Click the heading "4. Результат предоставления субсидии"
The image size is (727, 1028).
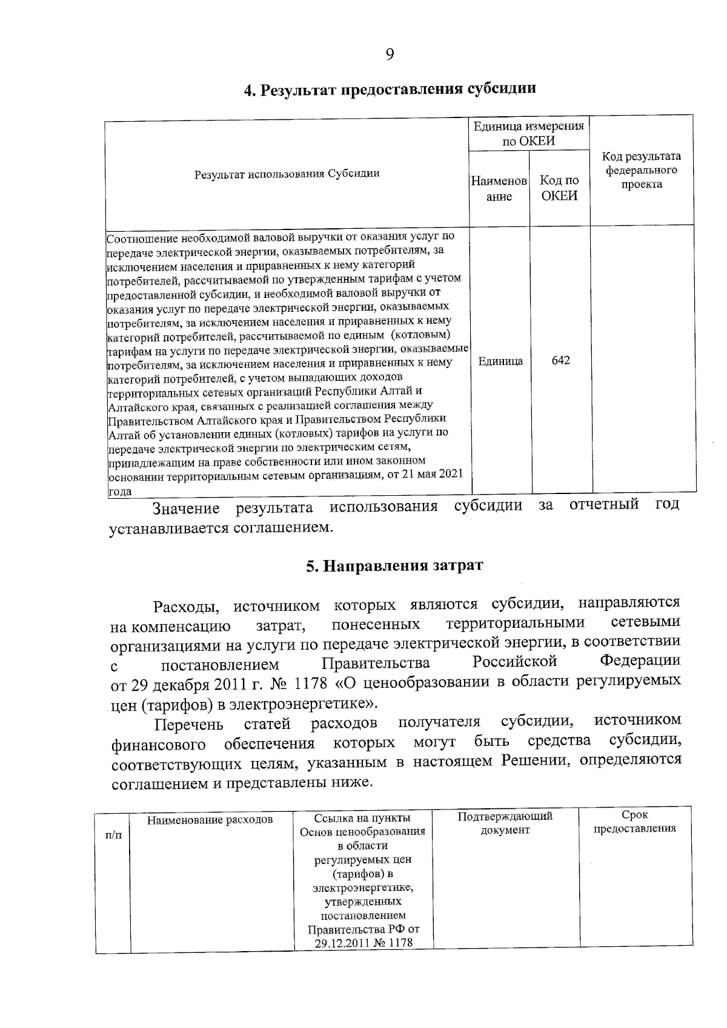[390, 89]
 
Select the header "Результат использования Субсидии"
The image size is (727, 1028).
[287, 174]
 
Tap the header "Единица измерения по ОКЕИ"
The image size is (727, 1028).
[528, 134]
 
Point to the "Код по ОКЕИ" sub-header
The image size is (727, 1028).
[559, 188]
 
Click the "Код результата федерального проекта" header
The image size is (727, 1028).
[642, 171]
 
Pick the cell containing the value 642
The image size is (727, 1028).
[560, 361]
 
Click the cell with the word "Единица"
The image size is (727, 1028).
[500, 361]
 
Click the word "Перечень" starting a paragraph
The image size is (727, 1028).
[189, 725]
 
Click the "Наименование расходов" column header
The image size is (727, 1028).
[210, 820]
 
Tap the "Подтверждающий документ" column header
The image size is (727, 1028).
[505, 823]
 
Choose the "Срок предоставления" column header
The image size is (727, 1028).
[634, 822]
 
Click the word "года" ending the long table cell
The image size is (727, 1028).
[120, 492]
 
